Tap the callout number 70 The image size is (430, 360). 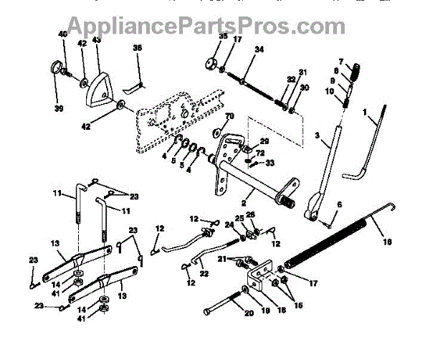[x=230, y=115]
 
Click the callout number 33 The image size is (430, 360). [x=270, y=164]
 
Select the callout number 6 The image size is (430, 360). [x=338, y=206]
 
